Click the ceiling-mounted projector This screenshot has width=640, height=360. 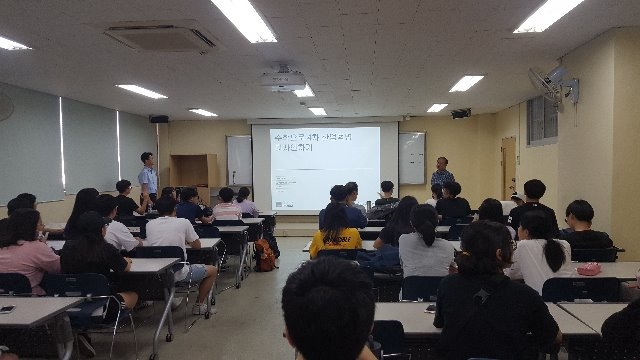(284, 79)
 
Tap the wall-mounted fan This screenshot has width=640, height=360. (553, 87)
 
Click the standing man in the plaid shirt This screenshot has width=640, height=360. (441, 176)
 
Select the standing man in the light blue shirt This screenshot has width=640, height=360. (148, 177)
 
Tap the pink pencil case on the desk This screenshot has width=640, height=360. (589, 268)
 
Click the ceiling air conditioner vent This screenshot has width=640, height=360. (161, 38)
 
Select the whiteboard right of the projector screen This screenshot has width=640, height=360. (411, 158)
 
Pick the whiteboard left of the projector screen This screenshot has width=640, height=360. (239, 160)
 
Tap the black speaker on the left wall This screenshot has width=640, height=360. (159, 118)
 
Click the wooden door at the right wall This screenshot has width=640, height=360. (508, 167)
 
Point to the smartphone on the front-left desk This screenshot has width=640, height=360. (8, 309)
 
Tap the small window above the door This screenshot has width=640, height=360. (541, 121)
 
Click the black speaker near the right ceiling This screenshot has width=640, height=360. (460, 113)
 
